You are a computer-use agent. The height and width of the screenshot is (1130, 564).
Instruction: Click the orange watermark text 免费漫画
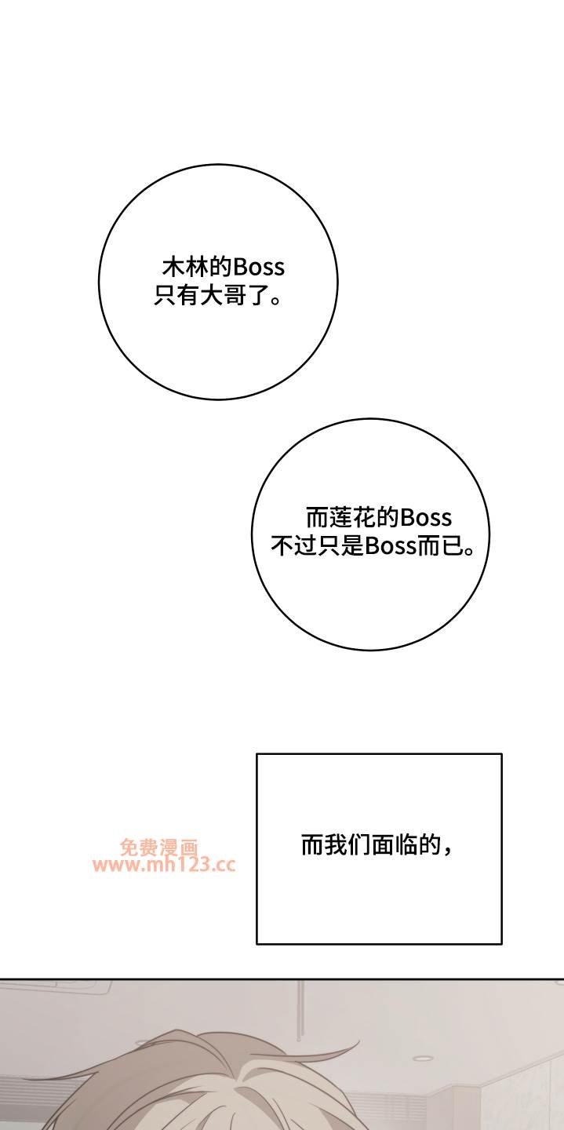159,847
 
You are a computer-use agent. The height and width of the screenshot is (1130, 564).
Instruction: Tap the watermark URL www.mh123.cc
165,865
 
